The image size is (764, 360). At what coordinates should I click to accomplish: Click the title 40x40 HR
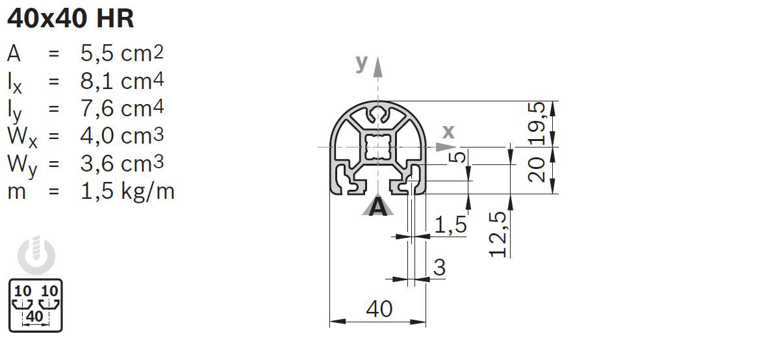click(71, 19)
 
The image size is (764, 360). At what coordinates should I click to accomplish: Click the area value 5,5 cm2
click(122, 53)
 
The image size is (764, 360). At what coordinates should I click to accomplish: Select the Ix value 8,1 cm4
click(122, 81)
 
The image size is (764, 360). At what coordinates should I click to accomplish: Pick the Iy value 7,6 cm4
click(122, 108)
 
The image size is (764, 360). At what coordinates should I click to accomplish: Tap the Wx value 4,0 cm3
click(122, 136)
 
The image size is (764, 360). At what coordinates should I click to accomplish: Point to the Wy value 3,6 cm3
click(122, 164)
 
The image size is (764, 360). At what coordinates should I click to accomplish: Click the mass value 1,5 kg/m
click(127, 192)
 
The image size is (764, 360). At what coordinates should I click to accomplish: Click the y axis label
click(361, 63)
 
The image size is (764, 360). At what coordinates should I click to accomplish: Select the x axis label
click(448, 131)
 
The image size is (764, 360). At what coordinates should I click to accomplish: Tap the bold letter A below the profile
click(378, 207)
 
